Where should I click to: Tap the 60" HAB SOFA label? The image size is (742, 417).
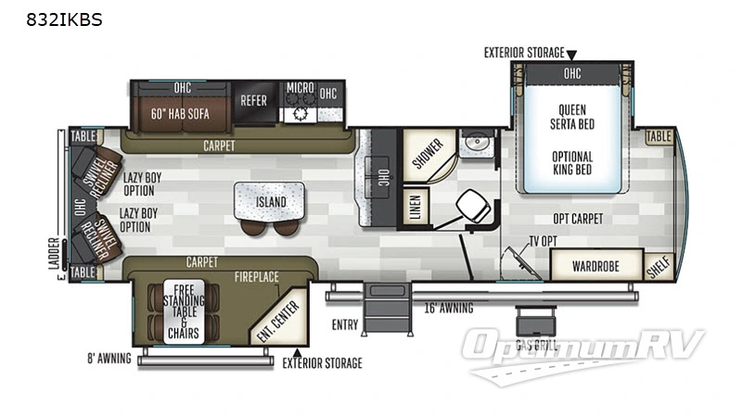coord(180,114)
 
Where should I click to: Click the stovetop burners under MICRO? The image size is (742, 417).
coord(300,114)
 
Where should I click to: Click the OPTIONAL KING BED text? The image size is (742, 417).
coord(572,163)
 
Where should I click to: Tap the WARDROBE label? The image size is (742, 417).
coord(595,266)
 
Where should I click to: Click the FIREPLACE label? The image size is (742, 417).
coord(257,276)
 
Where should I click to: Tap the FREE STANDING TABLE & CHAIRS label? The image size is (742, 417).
coord(184,310)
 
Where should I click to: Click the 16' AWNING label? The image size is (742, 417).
coord(449,308)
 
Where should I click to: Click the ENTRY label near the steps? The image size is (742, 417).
coord(344,324)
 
